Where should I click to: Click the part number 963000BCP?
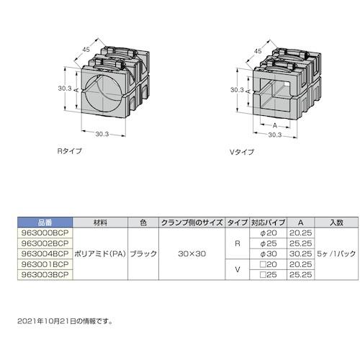(45, 233)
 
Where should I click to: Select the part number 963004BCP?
(45, 253)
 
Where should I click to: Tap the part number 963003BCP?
(45, 274)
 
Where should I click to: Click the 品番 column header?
(45, 222)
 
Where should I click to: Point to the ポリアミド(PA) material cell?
(100, 253)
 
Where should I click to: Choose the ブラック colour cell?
(143, 253)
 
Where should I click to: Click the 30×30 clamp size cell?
(192, 253)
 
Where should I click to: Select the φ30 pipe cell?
(269, 253)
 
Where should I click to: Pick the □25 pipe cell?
(269, 274)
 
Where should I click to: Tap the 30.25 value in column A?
(300, 253)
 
